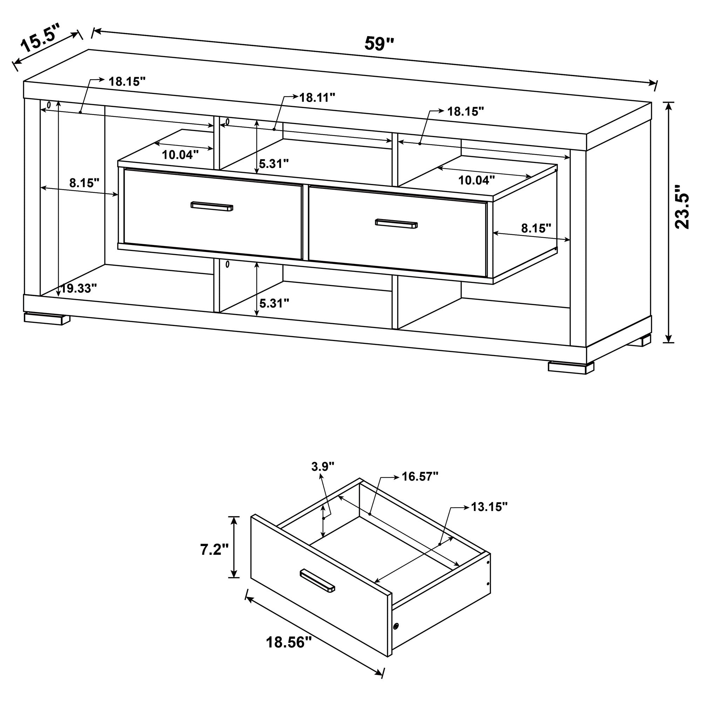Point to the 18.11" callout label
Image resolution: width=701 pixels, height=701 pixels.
(317, 97)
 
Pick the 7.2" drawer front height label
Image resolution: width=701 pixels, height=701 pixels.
(215, 550)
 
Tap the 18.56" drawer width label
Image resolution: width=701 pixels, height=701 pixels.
(289, 642)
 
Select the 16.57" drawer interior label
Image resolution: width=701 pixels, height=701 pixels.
(420, 476)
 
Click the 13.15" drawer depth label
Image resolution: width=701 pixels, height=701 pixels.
(489, 506)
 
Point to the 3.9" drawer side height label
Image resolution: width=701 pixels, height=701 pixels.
(322, 466)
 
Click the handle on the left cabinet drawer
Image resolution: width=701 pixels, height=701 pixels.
(212, 206)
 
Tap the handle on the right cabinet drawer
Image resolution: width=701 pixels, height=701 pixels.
(396, 224)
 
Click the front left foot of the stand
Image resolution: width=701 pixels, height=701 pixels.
(47, 318)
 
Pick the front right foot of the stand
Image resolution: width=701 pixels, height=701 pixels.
(571, 367)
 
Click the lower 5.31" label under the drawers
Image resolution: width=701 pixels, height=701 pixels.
(274, 303)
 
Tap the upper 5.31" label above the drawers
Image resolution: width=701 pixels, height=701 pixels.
(274, 164)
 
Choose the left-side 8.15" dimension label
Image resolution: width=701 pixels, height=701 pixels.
(84, 183)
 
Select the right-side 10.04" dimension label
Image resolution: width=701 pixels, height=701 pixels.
(476, 180)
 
